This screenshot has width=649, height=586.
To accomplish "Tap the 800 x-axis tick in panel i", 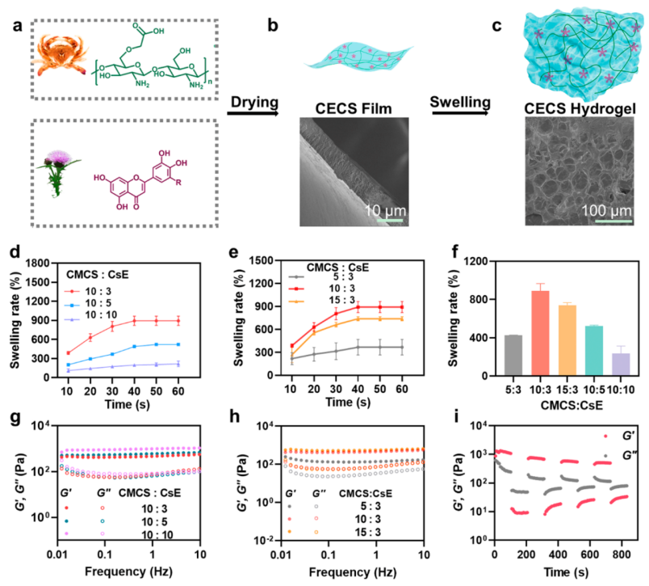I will tap(619, 555).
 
